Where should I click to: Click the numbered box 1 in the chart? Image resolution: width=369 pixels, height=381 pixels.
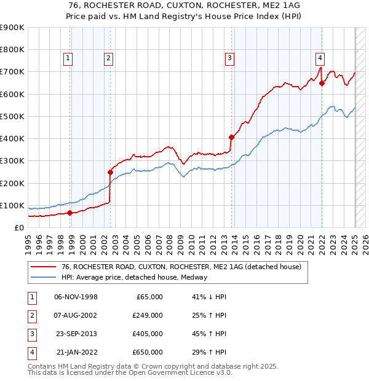67,58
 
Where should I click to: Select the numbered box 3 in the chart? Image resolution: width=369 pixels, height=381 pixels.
229,58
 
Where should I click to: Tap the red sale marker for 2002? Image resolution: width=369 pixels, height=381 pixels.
111,172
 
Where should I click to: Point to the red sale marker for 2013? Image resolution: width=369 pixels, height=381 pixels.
232,137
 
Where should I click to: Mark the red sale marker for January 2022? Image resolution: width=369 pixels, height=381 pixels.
322,84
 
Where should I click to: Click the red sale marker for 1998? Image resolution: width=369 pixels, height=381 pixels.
69,213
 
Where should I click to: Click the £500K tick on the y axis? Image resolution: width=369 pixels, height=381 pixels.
12,116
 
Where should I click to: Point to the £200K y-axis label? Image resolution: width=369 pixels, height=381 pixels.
12,183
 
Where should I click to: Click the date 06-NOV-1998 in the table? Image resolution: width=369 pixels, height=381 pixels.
76,297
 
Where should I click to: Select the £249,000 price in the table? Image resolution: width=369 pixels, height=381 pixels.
147,315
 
